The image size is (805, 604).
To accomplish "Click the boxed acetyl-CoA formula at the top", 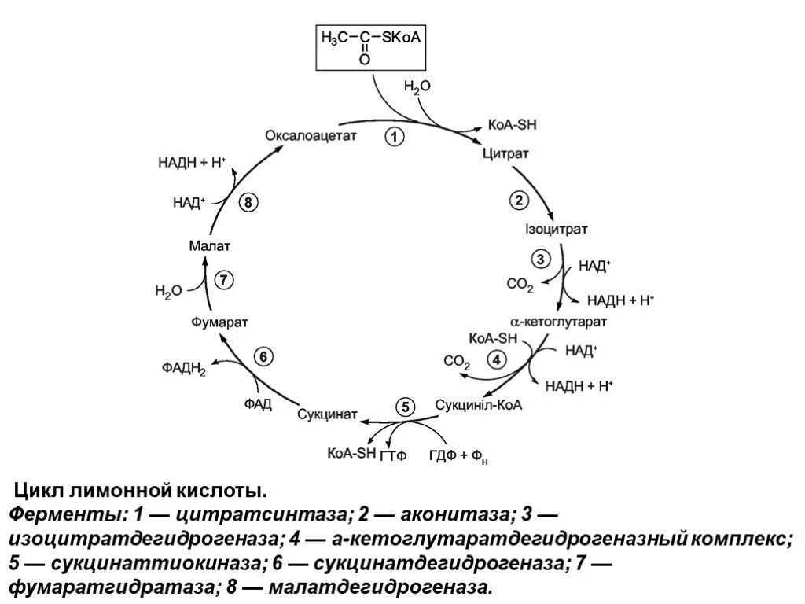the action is coord(368,47).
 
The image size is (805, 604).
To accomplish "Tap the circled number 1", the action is coord(394,138).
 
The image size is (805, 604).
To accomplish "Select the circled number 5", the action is coord(405,407).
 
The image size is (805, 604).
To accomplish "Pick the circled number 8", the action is coord(248,203).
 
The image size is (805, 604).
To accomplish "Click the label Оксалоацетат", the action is coord(311,135).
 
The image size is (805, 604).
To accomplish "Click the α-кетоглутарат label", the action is coord(559,322).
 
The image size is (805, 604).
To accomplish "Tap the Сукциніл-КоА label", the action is coord(479,406).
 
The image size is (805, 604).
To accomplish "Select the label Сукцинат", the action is coord(328,414).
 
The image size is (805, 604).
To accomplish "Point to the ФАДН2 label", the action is coord(184,368).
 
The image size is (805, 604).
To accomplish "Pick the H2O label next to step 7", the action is coord(168,291).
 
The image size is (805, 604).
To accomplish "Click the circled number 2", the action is coord(520,201).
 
